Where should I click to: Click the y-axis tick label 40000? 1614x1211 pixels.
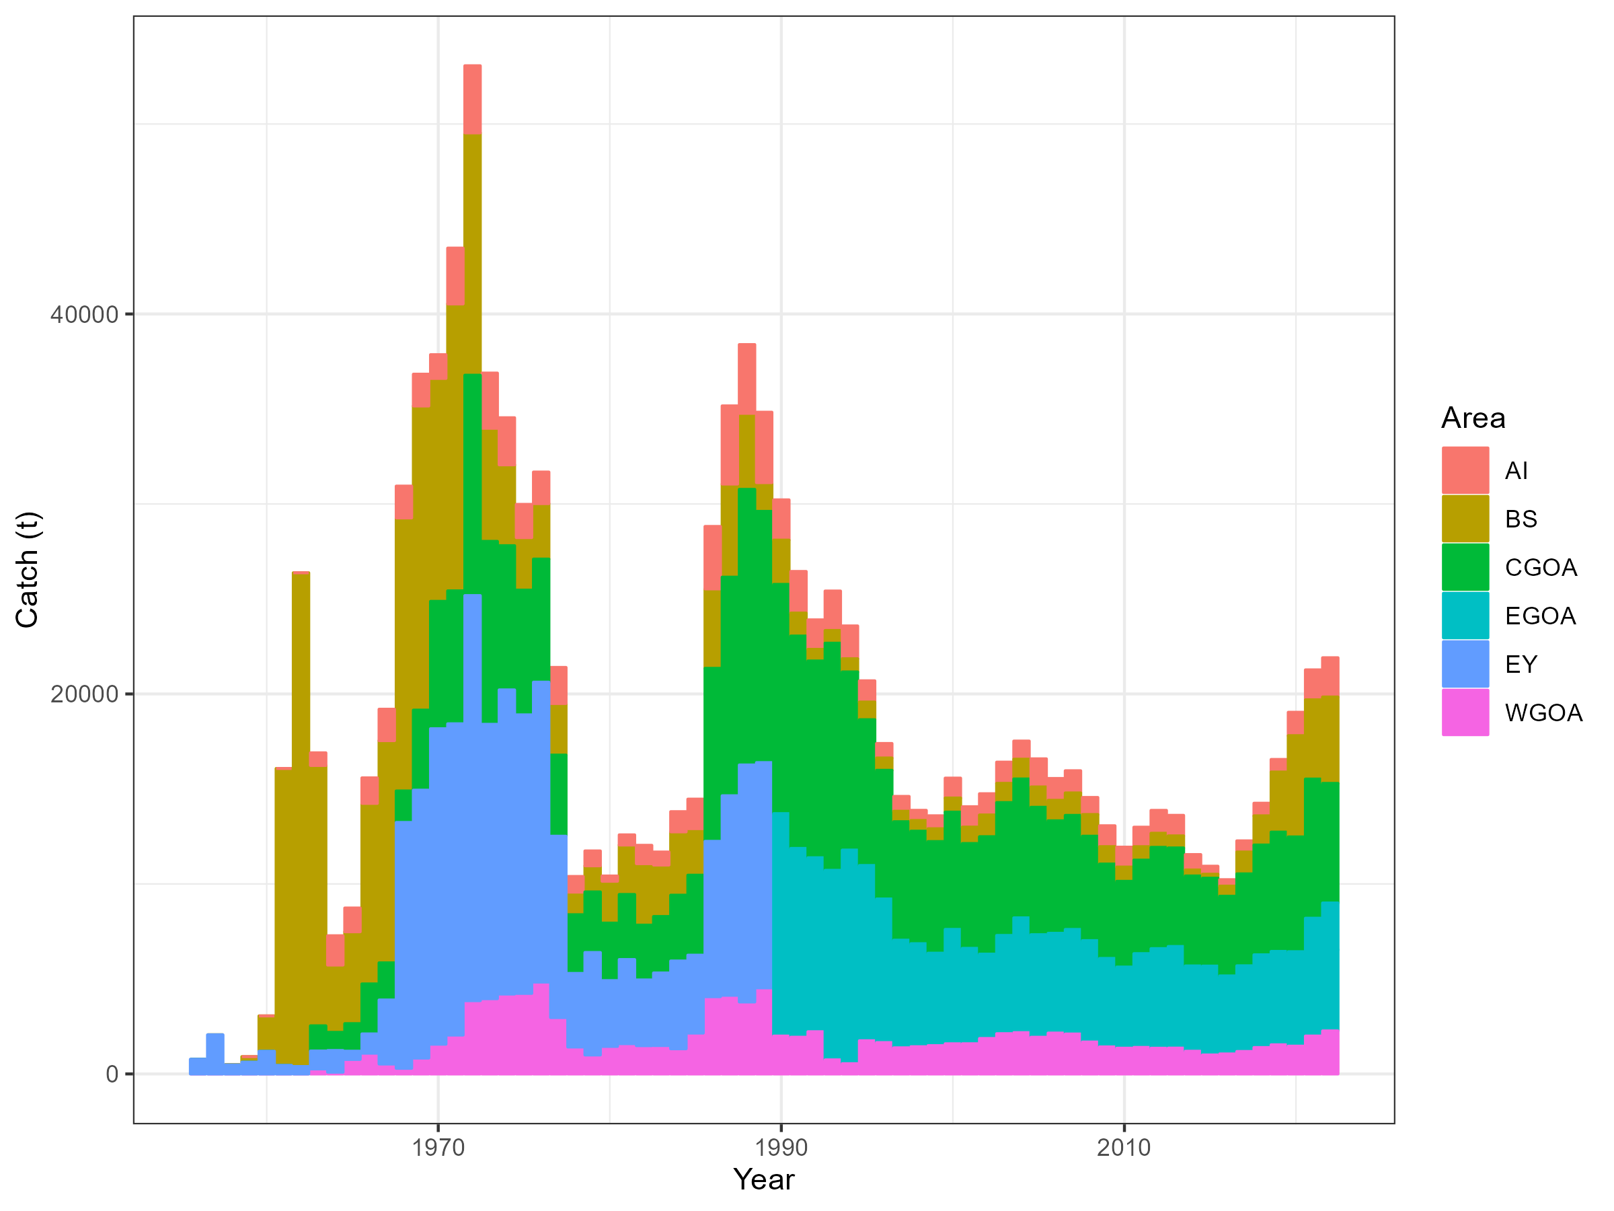(84, 315)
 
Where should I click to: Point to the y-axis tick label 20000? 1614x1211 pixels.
(84, 694)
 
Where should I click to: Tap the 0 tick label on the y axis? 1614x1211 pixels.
(112, 1074)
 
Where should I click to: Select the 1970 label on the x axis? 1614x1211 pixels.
(438, 1148)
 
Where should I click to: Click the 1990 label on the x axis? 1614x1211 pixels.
(781, 1148)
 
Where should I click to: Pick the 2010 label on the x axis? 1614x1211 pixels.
(1124, 1148)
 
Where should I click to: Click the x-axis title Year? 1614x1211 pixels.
(763, 1179)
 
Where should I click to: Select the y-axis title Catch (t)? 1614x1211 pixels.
(28, 569)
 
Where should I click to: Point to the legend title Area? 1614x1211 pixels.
(1473, 418)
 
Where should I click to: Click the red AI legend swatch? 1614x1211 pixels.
(1465, 471)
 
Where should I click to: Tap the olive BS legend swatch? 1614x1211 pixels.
(1465, 519)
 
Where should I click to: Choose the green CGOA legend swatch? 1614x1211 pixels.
(1465, 567)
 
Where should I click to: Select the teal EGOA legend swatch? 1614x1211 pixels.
(1465, 616)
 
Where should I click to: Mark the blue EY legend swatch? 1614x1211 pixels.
(1465, 664)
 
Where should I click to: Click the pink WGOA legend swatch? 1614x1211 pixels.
(1465, 712)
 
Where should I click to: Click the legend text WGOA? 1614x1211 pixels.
(1543, 713)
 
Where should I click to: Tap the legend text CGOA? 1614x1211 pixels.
(1540, 568)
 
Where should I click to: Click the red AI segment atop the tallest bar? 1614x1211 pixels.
(472, 100)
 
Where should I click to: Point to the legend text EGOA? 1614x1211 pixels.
(1540, 616)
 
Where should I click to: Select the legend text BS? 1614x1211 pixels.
(1521, 519)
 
